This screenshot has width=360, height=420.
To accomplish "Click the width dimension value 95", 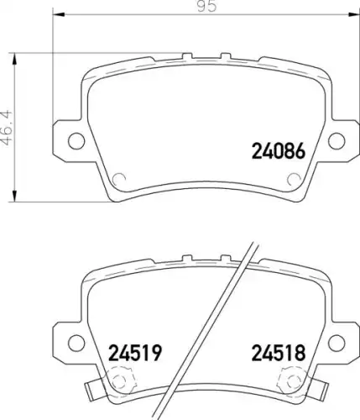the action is (206, 7).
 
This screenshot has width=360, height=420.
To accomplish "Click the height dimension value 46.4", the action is (8, 128).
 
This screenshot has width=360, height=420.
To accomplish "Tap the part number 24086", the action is (279, 151).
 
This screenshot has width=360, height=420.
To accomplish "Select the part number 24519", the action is (135, 353).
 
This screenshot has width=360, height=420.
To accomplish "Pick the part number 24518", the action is (279, 353).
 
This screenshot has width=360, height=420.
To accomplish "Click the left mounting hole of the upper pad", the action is (76, 141).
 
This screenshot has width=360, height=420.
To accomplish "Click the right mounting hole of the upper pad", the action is (337, 141).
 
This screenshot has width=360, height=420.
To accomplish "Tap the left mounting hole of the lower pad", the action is (76, 343).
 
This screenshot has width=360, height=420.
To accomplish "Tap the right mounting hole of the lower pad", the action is (337, 343).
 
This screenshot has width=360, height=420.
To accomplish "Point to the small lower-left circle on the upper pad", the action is (118, 179).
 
